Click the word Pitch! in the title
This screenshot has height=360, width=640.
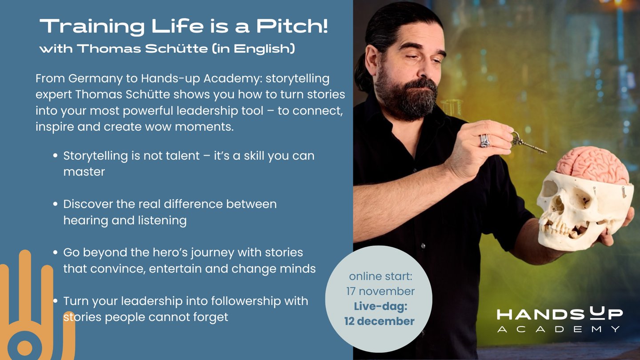pyautogui.click(x=292, y=26)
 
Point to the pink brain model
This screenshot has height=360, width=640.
pyautogui.click(x=592, y=165)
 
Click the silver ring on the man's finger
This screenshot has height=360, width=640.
pyautogui.click(x=485, y=140)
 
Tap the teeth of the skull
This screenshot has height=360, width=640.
pyautogui.click(x=560, y=228)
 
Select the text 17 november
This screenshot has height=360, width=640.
pyautogui.click(x=380, y=292)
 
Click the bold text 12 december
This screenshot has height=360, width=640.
pyautogui.click(x=379, y=321)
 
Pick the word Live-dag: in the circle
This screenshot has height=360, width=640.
pyautogui.click(x=380, y=306)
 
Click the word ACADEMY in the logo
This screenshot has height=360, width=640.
pyautogui.click(x=559, y=329)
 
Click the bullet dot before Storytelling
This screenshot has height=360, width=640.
pyautogui.click(x=56, y=156)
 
